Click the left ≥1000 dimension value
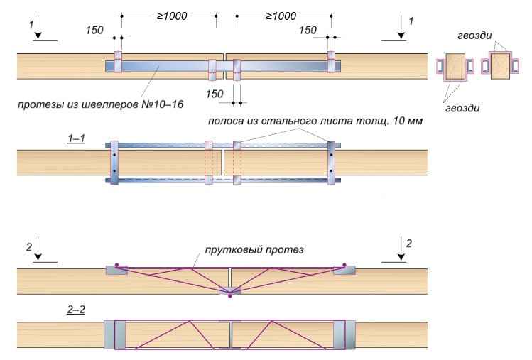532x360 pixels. click(x=172, y=16)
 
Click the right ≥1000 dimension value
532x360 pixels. click(x=281, y=16)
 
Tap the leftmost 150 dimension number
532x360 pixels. click(x=94, y=31)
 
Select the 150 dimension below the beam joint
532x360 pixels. click(x=215, y=94)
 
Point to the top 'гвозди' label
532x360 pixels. click(x=474, y=36)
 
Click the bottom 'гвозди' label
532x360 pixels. click(x=462, y=108)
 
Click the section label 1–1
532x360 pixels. click(x=76, y=138)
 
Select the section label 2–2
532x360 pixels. click(x=76, y=310)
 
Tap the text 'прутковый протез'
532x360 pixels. click(x=254, y=250)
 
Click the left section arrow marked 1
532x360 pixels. click(x=38, y=27)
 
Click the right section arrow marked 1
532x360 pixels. click(x=401, y=27)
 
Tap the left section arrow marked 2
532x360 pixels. click(x=38, y=249)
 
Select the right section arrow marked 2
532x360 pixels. click(x=401, y=249)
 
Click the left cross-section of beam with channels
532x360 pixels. click(x=455, y=67)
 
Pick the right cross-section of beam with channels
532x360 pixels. click(x=500, y=65)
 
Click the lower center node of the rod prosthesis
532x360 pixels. click(x=230, y=292)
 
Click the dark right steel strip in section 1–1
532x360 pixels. click(x=332, y=163)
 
